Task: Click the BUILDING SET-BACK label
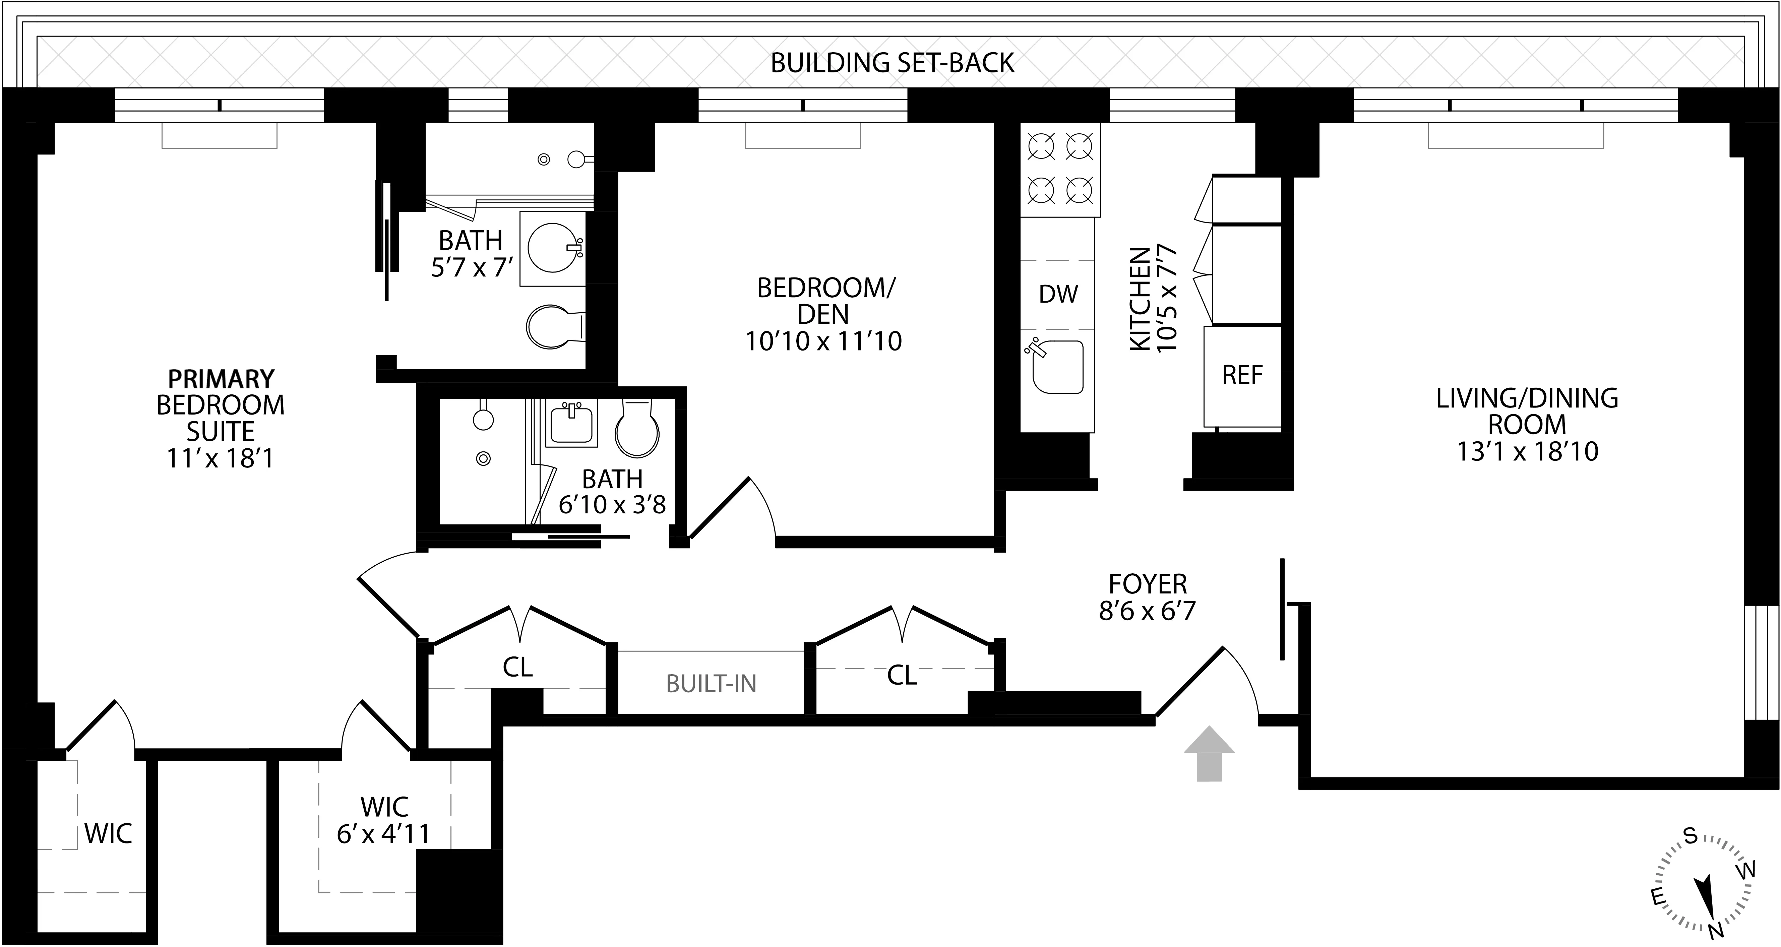click(892, 63)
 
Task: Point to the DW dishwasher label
click(1058, 295)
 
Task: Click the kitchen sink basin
click(1056, 368)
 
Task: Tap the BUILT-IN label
click(711, 684)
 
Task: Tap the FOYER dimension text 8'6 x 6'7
click(1147, 611)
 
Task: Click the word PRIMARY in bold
click(221, 379)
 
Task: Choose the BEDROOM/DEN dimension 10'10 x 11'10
click(823, 341)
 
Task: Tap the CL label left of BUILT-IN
click(517, 667)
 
